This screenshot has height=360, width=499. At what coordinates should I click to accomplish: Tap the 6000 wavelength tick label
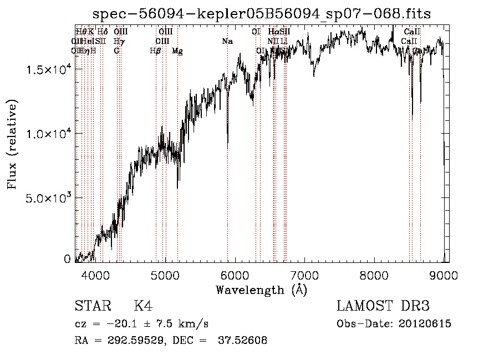click(236, 274)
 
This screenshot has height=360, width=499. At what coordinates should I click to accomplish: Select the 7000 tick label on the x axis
click(305, 274)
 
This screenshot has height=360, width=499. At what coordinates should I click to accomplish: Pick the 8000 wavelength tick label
click(375, 274)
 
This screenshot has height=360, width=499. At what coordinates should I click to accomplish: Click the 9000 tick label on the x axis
click(445, 274)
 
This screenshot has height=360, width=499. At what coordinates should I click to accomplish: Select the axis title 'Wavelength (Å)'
click(261, 290)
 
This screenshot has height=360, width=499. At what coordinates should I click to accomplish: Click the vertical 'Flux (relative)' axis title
click(12, 144)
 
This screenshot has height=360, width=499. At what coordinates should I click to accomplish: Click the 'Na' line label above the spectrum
click(227, 41)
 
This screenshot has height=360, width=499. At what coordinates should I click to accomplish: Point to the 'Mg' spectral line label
click(177, 50)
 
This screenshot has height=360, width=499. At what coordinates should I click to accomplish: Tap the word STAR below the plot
click(92, 306)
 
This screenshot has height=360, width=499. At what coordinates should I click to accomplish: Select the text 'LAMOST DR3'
click(383, 306)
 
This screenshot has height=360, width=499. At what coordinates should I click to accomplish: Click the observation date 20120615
click(424, 324)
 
